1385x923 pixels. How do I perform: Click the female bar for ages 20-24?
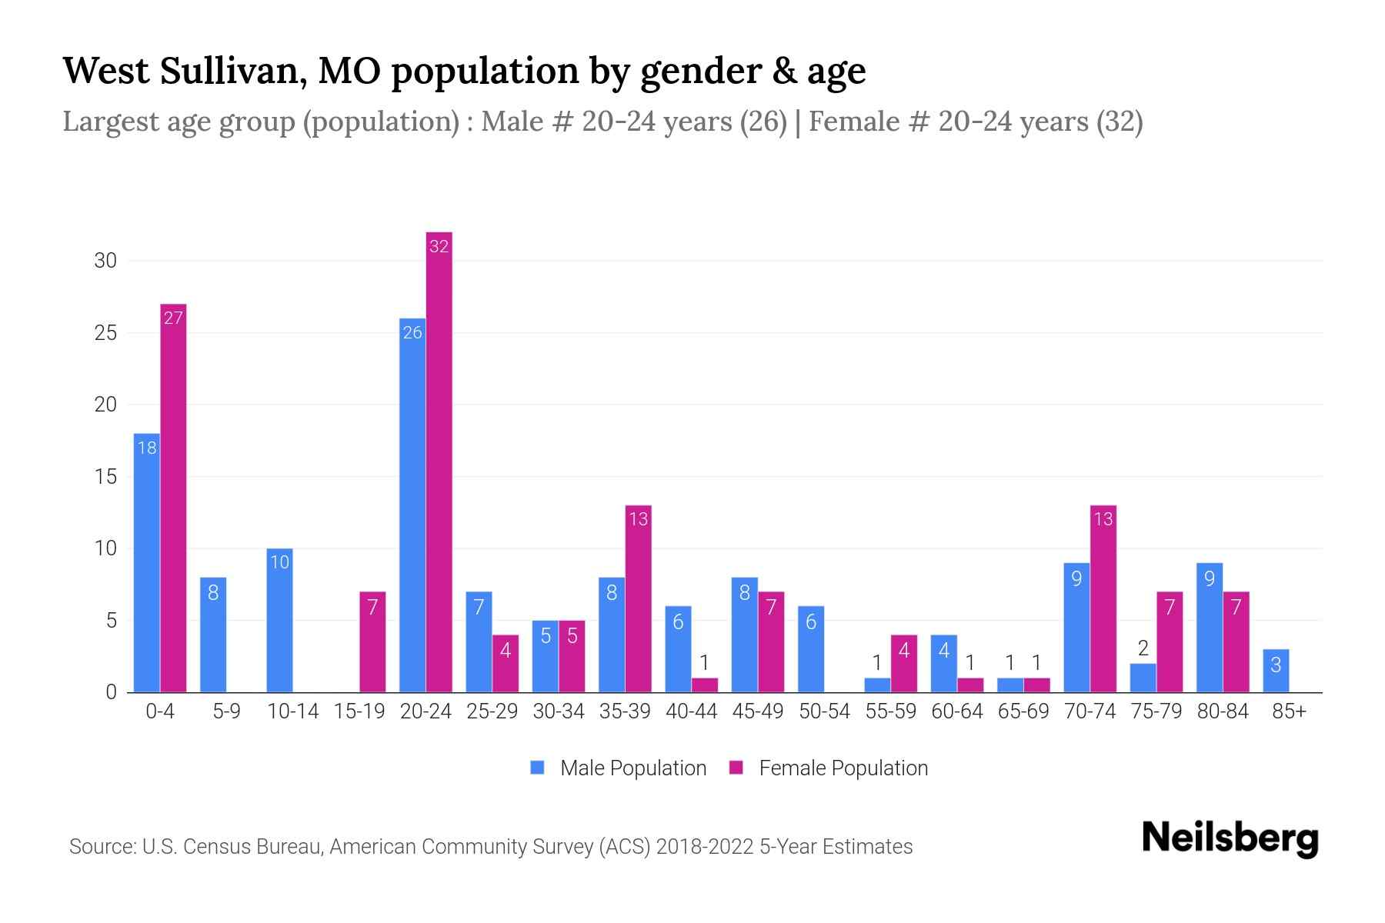[x=439, y=461]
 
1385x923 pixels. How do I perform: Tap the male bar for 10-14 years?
[x=279, y=620]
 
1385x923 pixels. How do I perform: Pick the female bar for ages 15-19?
[x=372, y=641]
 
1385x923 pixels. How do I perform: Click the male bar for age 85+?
[x=1275, y=671]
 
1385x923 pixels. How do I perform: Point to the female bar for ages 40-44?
[x=704, y=685]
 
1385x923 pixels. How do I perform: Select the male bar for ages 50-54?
[x=811, y=649]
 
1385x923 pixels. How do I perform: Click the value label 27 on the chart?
[x=173, y=318]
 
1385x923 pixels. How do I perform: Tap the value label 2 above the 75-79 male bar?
[x=1143, y=648]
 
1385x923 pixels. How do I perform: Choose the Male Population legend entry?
[x=619, y=768]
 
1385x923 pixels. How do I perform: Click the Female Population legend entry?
[x=829, y=768]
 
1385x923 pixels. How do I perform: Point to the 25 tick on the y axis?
[x=105, y=333]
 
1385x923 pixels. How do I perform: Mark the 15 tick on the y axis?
[x=105, y=477]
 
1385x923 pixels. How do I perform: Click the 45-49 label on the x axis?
[x=758, y=711]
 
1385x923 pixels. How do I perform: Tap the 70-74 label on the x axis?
[x=1090, y=711]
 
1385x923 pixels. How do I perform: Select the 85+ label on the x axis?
[x=1289, y=711]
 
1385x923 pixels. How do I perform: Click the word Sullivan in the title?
[x=234, y=71]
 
